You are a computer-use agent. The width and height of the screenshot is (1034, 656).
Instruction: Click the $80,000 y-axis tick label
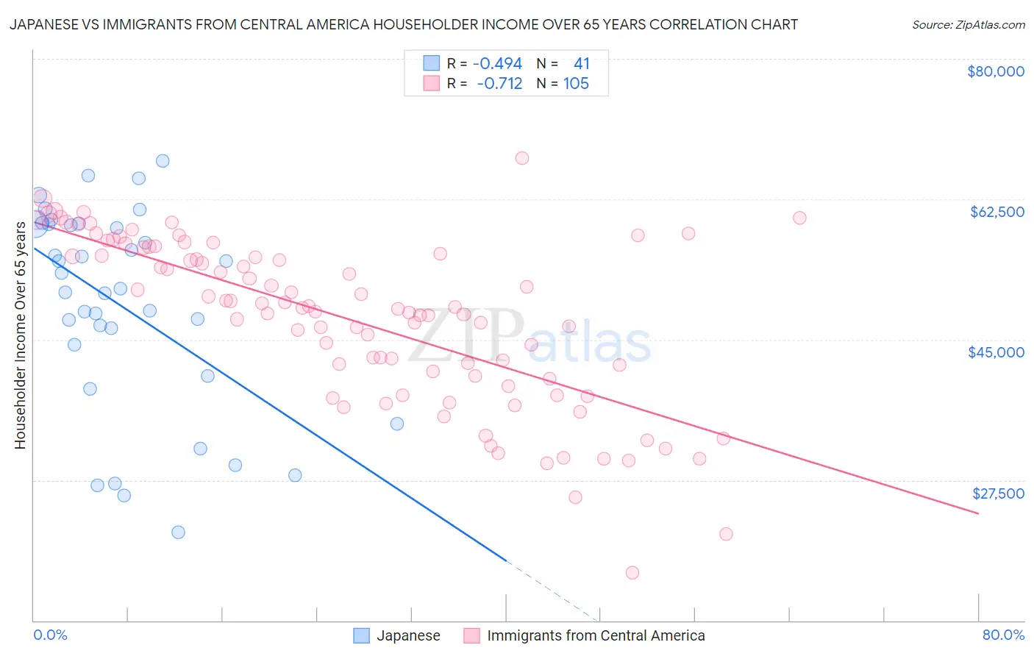tap(995, 71)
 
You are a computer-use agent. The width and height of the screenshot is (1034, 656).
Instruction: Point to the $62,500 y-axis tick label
tap(996, 212)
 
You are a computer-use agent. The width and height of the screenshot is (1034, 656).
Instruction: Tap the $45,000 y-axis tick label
tap(996, 352)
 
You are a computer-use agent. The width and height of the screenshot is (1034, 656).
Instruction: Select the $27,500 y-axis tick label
tap(997, 493)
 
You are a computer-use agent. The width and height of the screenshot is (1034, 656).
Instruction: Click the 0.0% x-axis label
tap(50, 635)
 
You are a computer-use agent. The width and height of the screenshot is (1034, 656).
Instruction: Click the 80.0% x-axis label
tap(1003, 635)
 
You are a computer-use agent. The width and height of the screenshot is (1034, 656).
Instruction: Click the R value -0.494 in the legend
tap(497, 64)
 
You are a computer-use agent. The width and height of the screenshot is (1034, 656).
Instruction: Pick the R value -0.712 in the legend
tap(499, 84)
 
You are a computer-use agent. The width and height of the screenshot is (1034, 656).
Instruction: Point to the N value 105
tap(576, 84)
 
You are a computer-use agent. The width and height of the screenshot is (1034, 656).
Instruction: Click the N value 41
tap(581, 64)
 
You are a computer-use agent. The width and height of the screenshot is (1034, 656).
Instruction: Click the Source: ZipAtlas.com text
tap(968, 25)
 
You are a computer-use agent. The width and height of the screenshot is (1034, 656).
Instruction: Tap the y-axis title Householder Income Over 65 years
tap(20, 335)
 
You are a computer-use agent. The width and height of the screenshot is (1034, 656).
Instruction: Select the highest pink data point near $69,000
tap(522, 158)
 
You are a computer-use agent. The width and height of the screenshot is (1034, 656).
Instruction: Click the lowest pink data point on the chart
tap(632, 573)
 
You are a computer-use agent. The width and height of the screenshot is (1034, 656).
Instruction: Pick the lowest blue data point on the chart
tap(178, 532)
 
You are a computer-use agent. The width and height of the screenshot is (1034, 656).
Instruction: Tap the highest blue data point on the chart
tap(163, 161)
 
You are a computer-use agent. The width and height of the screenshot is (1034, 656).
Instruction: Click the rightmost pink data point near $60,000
tap(799, 218)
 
